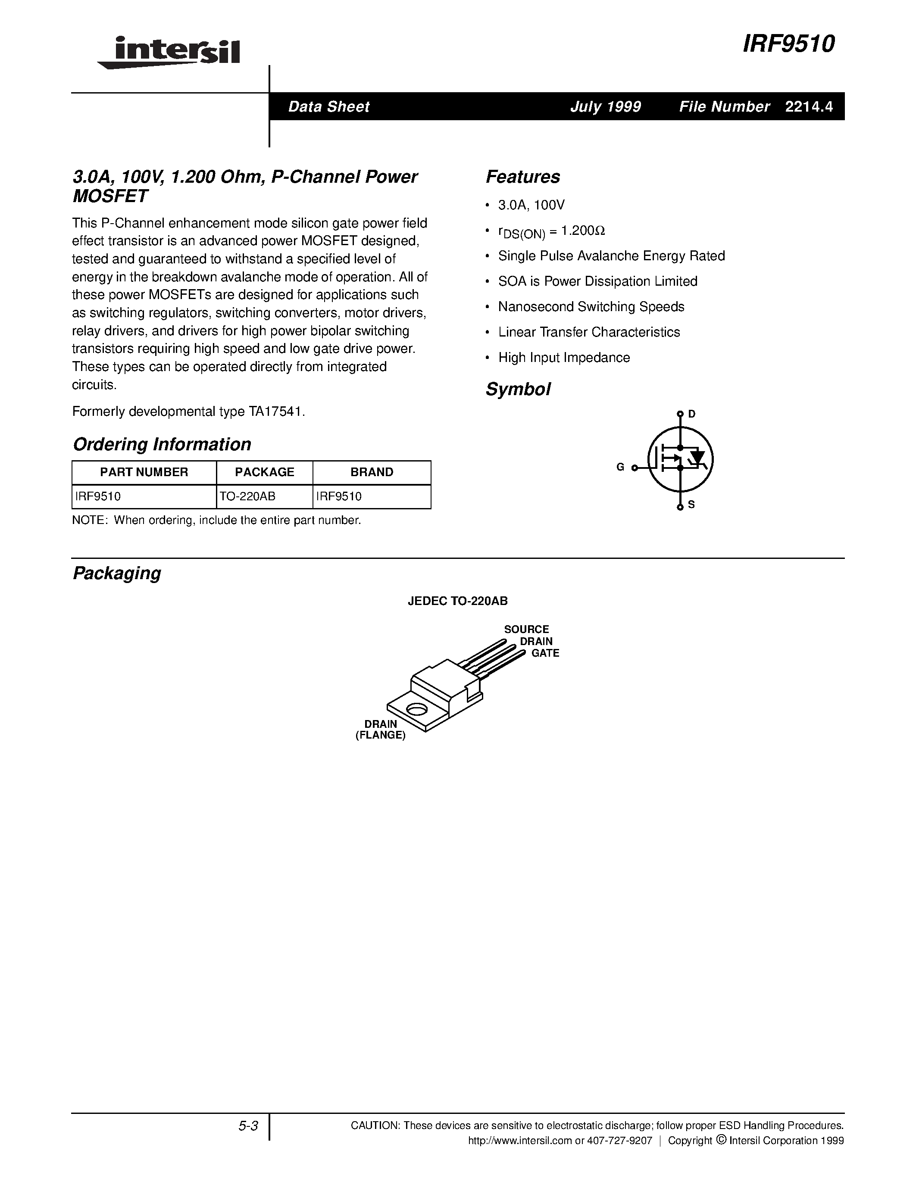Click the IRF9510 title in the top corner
click(x=788, y=44)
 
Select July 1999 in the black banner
click(x=606, y=107)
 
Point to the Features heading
click(x=522, y=177)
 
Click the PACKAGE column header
click(x=264, y=472)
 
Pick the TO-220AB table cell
click(x=248, y=496)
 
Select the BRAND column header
click(x=372, y=472)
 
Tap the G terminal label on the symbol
click(x=620, y=467)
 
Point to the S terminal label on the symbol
click(x=691, y=505)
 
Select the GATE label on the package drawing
click(x=545, y=653)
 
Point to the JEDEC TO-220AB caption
click(x=457, y=601)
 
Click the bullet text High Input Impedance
click(x=564, y=358)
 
